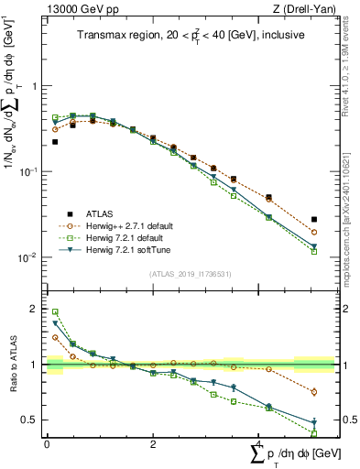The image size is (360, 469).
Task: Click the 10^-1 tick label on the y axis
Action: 30,171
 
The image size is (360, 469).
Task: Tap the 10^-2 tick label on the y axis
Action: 30,257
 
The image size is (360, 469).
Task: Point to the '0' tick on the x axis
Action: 47,443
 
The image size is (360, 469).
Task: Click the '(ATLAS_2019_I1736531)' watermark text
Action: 188,274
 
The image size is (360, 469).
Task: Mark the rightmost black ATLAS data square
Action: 314,220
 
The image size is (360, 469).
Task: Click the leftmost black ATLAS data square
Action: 55,142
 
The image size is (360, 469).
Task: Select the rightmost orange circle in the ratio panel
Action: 314,392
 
